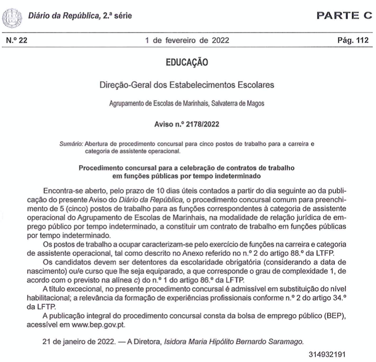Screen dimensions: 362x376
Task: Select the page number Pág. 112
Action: tap(352, 40)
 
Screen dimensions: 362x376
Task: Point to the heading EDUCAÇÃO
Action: tap(187, 63)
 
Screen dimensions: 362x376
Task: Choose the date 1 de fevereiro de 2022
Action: tap(187, 40)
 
